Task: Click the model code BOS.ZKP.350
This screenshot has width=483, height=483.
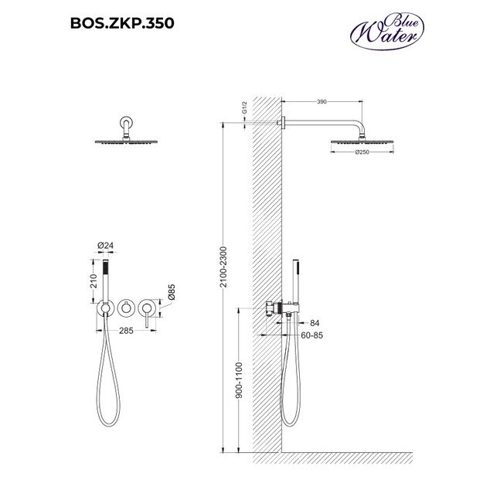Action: coord(122,23)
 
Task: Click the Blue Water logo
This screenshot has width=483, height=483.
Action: coord(387,31)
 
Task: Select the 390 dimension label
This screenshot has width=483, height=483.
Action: coord(321,102)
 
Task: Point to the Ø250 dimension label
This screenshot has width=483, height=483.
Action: coord(362,152)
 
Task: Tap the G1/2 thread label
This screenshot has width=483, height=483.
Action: coord(244,107)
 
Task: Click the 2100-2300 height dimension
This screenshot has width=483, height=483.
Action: coord(223,267)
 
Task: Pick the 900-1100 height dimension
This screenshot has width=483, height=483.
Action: coord(239,380)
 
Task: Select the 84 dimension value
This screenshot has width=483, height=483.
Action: coord(315,323)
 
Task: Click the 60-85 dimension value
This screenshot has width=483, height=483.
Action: coord(311,335)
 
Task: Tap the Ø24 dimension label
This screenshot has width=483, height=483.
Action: coord(105,246)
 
